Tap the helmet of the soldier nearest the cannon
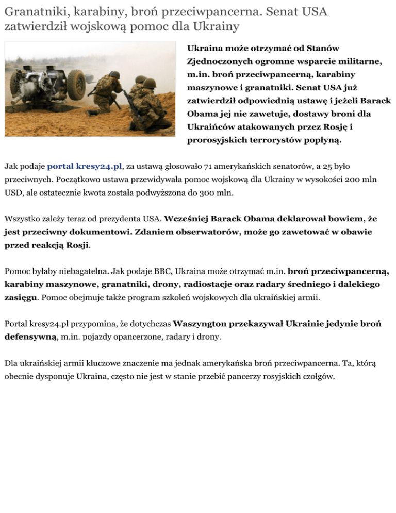tap(114, 75)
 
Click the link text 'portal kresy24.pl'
tap(85, 166)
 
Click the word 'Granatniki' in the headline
tap(31, 11)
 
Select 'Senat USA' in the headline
tap(301, 11)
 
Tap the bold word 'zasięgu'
tap(21, 297)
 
